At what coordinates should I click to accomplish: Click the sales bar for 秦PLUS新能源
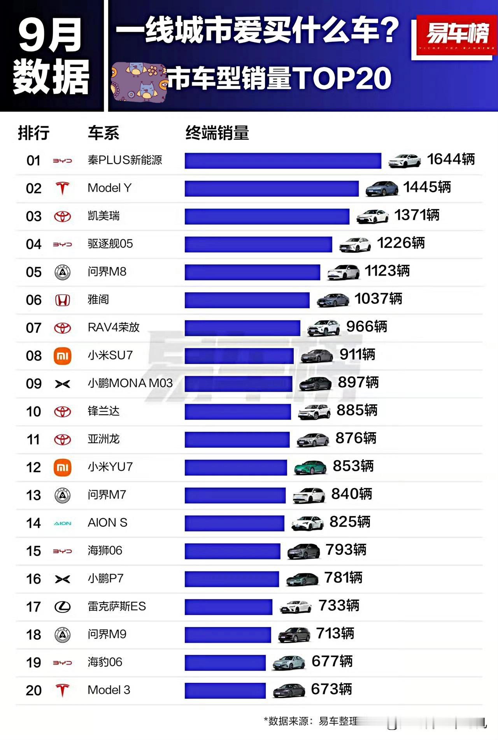(283, 161)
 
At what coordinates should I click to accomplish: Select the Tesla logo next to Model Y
(62, 188)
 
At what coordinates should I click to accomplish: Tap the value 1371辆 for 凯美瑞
(417, 215)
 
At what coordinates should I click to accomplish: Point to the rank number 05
(34, 272)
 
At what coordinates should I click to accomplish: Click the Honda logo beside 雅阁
(62, 300)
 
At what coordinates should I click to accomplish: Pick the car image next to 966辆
(323, 328)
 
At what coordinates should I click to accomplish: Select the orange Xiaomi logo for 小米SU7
(62, 356)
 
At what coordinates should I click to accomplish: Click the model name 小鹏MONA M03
(130, 383)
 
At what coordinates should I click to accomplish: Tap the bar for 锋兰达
(238, 412)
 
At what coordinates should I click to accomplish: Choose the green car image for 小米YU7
(310, 467)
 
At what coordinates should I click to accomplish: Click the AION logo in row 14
(62, 523)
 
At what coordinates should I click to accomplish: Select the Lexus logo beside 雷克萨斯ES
(62, 607)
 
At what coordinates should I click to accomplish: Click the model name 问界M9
(107, 634)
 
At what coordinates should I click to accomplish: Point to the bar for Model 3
(225, 691)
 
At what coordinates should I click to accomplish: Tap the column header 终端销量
(217, 133)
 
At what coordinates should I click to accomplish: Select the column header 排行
(33, 133)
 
